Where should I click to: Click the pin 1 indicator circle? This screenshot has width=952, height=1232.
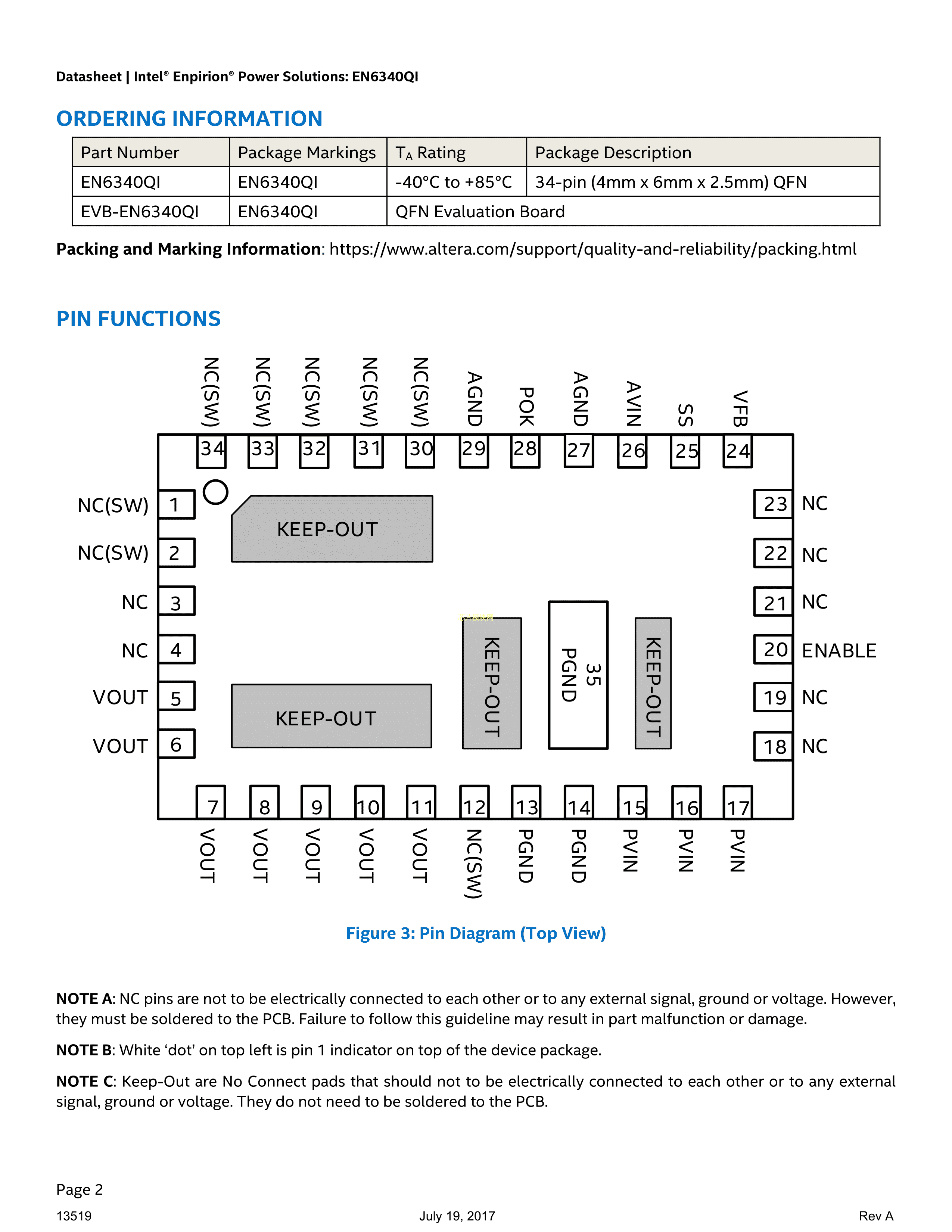click(215, 492)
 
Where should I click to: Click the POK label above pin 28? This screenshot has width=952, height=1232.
click(526, 406)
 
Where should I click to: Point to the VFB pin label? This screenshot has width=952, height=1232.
click(739, 408)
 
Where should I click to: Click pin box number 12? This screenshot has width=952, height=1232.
click(474, 803)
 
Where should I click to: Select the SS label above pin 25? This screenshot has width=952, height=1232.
click(685, 415)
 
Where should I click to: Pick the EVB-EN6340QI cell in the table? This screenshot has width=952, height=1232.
click(140, 212)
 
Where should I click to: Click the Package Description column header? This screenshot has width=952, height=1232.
click(613, 153)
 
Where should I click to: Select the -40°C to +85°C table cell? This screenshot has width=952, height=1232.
click(454, 182)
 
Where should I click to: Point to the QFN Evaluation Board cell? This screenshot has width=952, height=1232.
click(480, 212)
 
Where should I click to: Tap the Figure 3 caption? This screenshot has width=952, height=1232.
click(475, 934)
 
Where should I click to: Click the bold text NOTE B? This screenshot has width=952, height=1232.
click(85, 1050)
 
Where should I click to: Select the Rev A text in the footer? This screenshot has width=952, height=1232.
click(875, 1216)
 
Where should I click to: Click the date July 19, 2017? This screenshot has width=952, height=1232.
click(457, 1216)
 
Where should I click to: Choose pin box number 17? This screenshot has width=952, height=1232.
click(738, 803)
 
